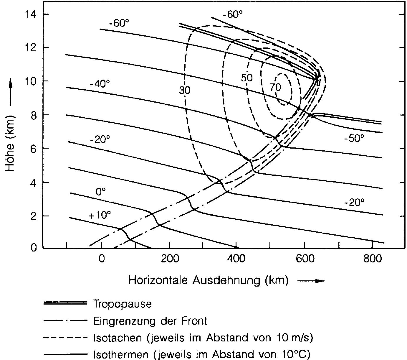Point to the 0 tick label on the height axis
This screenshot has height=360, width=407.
pyautogui.click(x=34, y=247)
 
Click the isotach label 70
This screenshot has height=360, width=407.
pyautogui.click(x=275, y=87)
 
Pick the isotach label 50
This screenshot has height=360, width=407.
pyautogui.click(x=246, y=78)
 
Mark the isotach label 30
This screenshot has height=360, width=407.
pyautogui.click(x=185, y=91)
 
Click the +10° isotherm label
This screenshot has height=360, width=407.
pyautogui.click(x=100, y=215)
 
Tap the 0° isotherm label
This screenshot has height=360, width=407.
pyautogui.click(x=100, y=192)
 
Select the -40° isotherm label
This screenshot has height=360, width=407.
pyautogui.click(x=100, y=84)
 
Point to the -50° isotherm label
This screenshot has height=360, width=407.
pyautogui.click(x=354, y=138)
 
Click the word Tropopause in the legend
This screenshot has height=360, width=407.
pyautogui.click(x=122, y=304)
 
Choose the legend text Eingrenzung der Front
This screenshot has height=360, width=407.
pyautogui.click(x=150, y=320)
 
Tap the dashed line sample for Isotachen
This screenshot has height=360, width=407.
pyautogui.click(x=65, y=338)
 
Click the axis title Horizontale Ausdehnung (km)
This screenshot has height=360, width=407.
pyautogui.click(x=208, y=280)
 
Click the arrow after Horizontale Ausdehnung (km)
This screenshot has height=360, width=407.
pyautogui.click(x=311, y=281)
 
